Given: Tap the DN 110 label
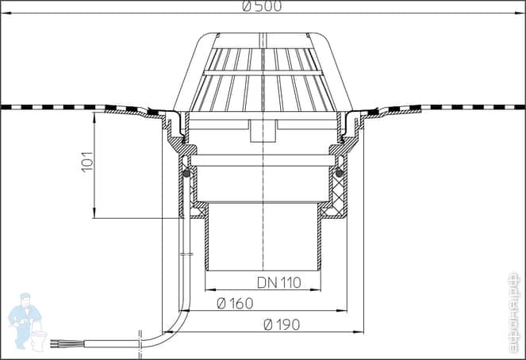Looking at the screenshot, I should click(x=278, y=283).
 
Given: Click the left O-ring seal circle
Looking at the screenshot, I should click(x=186, y=173).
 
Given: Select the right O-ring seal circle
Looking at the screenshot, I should click(x=339, y=173).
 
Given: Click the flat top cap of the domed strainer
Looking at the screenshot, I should click(x=263, y=38).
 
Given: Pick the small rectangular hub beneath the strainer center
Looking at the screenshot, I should click(x=262, y=131).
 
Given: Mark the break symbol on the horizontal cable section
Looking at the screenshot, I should click(x=140, y=340).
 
